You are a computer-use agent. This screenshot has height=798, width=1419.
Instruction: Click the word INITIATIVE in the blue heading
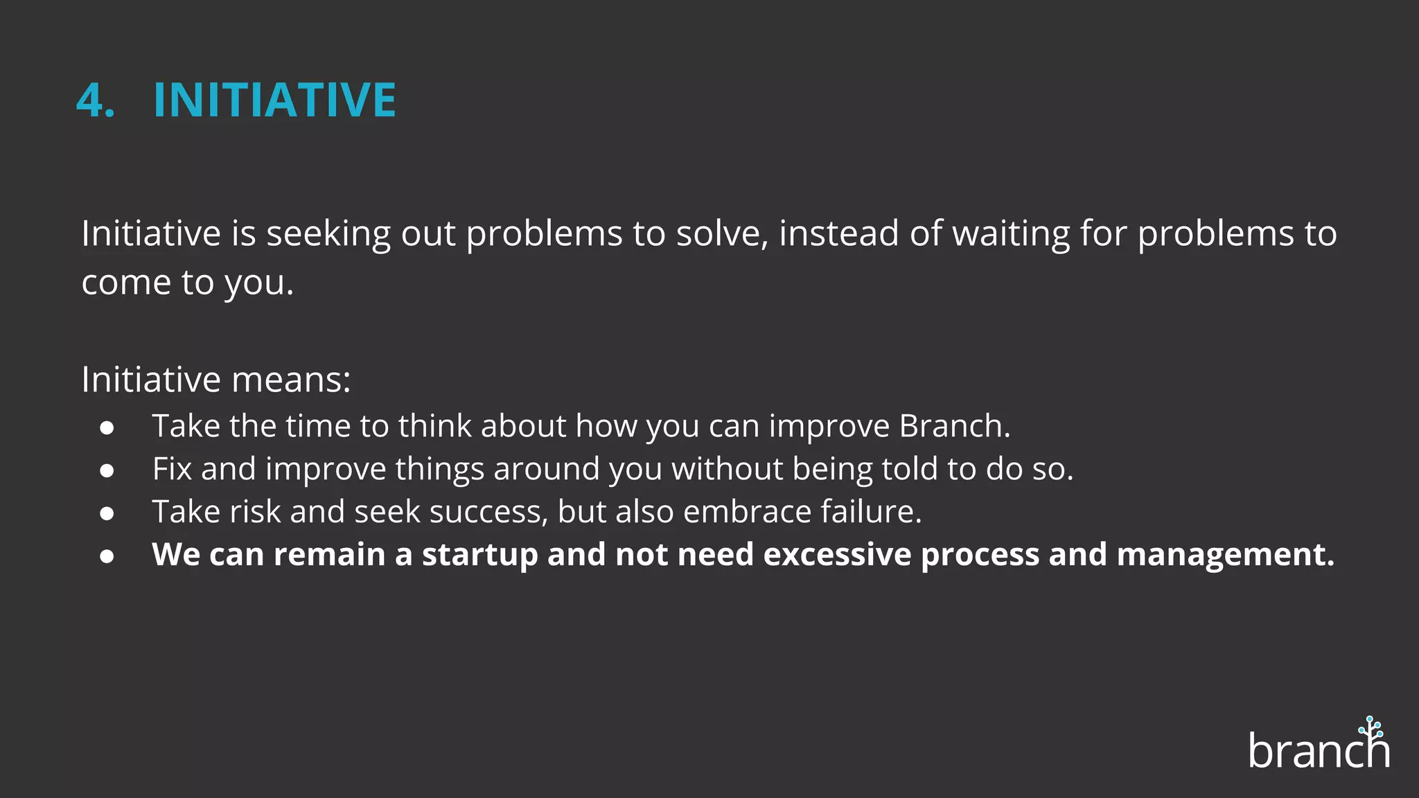tap(274, 100)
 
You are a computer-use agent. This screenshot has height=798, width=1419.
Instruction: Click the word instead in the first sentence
tap(838, 233)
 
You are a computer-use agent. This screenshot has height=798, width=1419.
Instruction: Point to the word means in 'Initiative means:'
tap(291, 380)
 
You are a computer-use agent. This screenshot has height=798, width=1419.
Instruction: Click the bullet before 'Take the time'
tap(107, 427)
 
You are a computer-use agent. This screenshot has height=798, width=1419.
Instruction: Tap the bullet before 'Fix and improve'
tap(107, 470)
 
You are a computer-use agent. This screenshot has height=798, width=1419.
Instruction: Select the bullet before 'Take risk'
tap(107, 513)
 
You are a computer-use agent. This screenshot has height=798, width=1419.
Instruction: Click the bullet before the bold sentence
tap(107, 556)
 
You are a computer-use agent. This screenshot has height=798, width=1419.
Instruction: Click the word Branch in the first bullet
tap(953, 426)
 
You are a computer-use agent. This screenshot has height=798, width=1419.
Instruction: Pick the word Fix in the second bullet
tap(172, 469)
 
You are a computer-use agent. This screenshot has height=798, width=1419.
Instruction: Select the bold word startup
tap(479, 555)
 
